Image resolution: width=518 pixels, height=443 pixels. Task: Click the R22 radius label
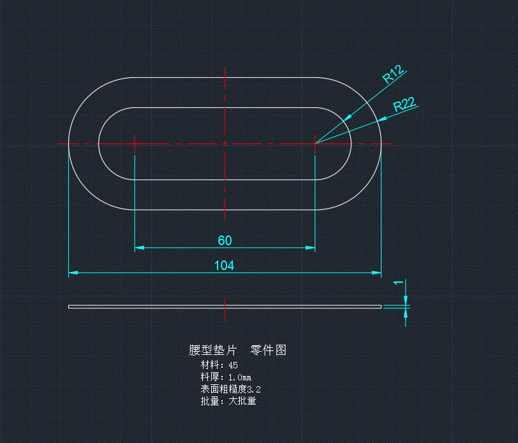click(405, 105)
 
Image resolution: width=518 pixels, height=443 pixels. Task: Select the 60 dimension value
click(225, 240)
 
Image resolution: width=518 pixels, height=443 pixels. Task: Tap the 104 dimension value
click(225, 266)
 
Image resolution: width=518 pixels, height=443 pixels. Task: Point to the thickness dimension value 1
click(398, 282)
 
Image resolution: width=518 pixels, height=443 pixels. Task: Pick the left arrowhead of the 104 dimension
click(73, 273)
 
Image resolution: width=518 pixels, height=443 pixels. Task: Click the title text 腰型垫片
click(212, 350)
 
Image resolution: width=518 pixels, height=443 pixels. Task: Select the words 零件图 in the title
click(268, 350)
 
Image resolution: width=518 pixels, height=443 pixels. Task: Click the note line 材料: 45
click(219, 365)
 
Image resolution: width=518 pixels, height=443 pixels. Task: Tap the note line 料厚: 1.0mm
click(226, 377)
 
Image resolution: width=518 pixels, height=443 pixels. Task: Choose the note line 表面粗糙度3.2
click(230, 389)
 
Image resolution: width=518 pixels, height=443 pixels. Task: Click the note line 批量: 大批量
click(228, 401)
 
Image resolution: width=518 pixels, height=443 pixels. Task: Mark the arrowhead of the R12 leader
click(348, 118)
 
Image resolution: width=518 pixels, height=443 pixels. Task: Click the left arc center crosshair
click(135, 144)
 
